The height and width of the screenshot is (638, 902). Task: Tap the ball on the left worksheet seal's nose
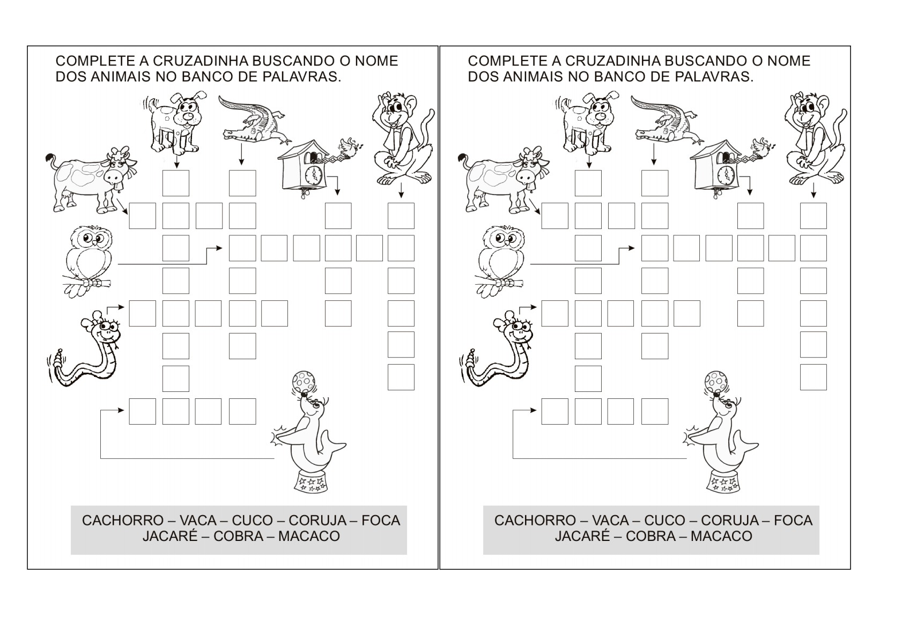304,380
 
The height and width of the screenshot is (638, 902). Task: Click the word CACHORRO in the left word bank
123,521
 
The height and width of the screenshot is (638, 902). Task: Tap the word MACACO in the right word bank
721,536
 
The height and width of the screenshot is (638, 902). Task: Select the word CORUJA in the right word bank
730,521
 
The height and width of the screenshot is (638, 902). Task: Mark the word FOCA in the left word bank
381,521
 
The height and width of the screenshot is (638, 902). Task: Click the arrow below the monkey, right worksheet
814,190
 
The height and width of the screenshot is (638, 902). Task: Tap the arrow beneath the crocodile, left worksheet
241,154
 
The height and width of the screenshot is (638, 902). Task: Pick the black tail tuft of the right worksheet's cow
463,158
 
